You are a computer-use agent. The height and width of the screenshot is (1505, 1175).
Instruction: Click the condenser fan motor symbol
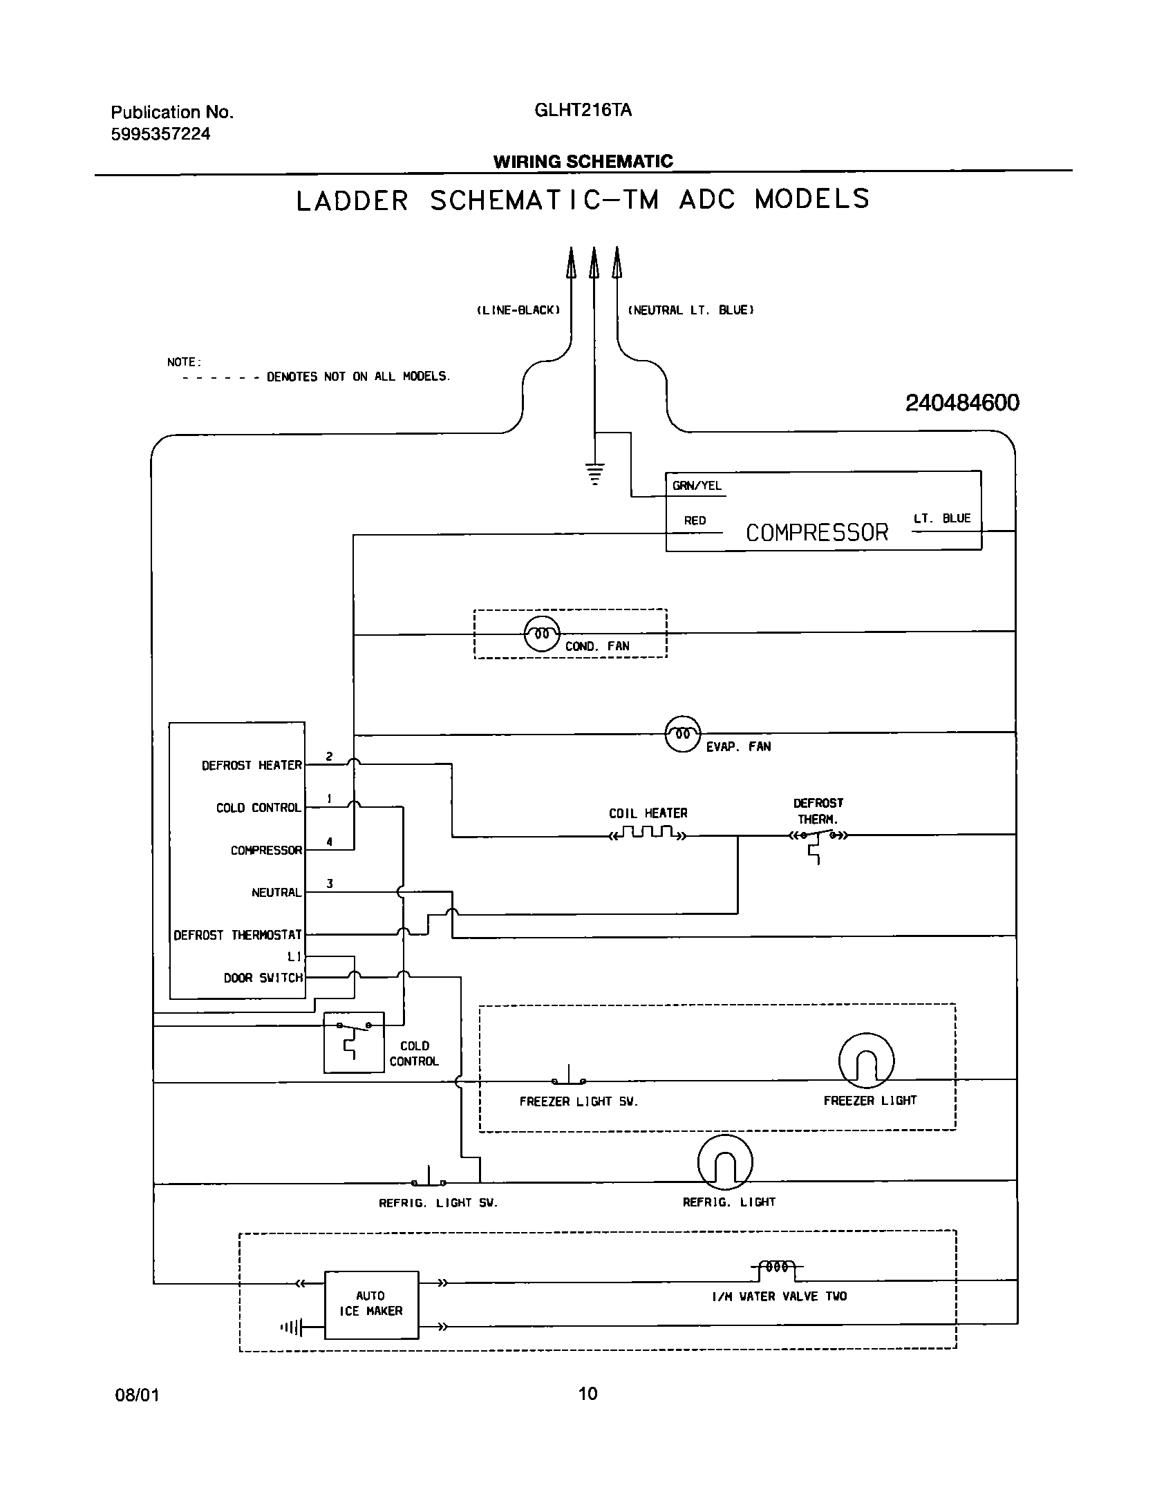coord(542,633)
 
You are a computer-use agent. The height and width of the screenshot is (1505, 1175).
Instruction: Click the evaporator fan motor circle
coord(682,734)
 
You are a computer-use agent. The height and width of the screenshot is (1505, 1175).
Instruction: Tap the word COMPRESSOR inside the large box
coord(816,533)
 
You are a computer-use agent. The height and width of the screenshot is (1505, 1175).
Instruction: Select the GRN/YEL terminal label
coord(697,486)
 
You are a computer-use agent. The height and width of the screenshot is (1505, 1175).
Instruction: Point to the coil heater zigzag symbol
coord(647,833)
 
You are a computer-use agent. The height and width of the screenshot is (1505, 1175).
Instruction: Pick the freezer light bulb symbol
coord(866,1061)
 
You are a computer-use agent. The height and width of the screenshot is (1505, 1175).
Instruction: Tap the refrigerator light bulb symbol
coord(725,1162)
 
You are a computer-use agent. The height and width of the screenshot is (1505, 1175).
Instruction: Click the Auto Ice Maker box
coord(371,1305)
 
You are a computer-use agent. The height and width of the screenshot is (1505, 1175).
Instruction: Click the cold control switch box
coord(354,1042)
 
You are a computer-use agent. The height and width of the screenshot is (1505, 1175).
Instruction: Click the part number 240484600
coord(961,404)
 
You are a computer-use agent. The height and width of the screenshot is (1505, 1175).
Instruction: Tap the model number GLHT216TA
coord(583,111)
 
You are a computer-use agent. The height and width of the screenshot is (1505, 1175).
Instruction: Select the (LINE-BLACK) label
coord(518,310)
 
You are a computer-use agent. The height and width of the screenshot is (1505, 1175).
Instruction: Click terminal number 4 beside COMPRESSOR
coord(330,842)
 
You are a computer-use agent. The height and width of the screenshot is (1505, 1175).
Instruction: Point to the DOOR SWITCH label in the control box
coord(263,978)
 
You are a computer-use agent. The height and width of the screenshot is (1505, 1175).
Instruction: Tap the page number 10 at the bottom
coord(587,1394)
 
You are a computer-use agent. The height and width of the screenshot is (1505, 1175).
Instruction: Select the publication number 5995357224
coord(160,134)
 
